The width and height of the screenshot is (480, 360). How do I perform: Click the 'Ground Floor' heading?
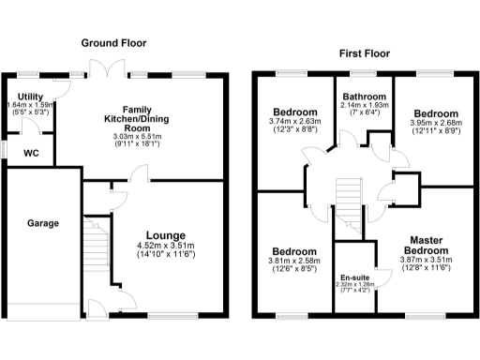tap(113, 43)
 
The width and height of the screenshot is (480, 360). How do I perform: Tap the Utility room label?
tap(30, 97)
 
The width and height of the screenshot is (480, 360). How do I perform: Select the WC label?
tap(30, 152)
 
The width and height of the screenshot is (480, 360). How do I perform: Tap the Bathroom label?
tap(363, 95)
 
